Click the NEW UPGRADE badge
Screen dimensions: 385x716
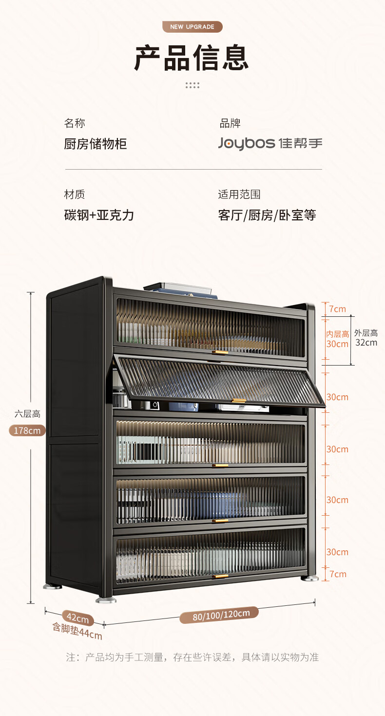click(x=192, y=27)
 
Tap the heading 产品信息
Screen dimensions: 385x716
click(x=192, y=58)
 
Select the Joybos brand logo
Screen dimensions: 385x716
click(x=270, y=143)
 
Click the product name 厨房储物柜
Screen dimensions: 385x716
click(x=96, y=144)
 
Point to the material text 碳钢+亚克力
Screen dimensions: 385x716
click(x=99, y=215)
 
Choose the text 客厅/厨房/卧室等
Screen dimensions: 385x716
click(x=267, y=215)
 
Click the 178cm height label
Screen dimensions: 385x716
click(x=27, y=430)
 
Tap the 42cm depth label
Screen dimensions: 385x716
click(x=77, y=618)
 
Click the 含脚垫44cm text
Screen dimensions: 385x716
click(x=77, y=631)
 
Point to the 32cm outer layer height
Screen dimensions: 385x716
click(x=366, y=343)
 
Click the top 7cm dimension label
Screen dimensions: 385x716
click(x=338, y=309)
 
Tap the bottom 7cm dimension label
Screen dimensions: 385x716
click(x=338, y=574)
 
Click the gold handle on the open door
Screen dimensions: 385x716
click(x=239, y=401)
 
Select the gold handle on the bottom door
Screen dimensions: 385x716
click(x=220, y=577)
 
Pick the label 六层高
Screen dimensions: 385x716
click(x=27, y=414)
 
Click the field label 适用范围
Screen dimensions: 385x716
click(x=239, y=194)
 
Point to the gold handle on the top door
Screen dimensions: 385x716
click(x=220, y=352)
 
